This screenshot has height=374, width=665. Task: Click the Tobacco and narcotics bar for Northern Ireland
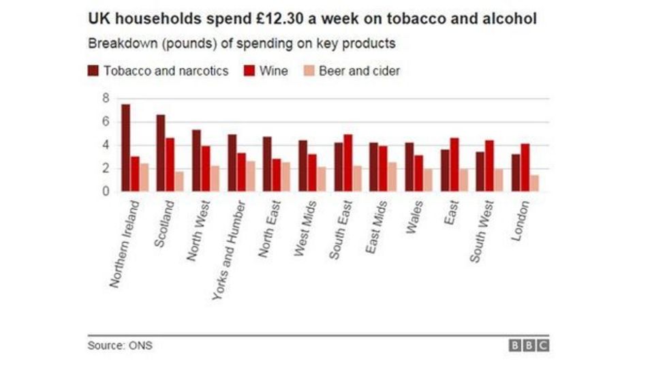pos(125,148)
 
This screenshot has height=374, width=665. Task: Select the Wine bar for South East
pos(347,163)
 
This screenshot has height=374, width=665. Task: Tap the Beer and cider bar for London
pos(534,183)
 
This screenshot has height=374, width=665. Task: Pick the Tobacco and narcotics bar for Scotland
pos(161,153)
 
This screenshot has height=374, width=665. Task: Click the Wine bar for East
pos(454,164)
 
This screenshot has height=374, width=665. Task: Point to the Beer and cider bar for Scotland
pos(180,181)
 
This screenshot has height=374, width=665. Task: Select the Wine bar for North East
pos(277,175)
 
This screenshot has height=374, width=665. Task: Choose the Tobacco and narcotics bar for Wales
pos(409,167)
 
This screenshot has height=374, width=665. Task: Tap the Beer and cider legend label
pos(359,71)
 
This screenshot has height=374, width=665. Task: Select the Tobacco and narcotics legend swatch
pos(93,71)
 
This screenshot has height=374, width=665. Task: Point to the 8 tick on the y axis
pos(106,99)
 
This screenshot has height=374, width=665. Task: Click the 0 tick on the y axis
pos(106,191)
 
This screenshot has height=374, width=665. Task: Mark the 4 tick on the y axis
pos(106,145)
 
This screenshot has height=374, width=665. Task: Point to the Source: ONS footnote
pos(119,345)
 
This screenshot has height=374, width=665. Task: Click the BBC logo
pos(529,345)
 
